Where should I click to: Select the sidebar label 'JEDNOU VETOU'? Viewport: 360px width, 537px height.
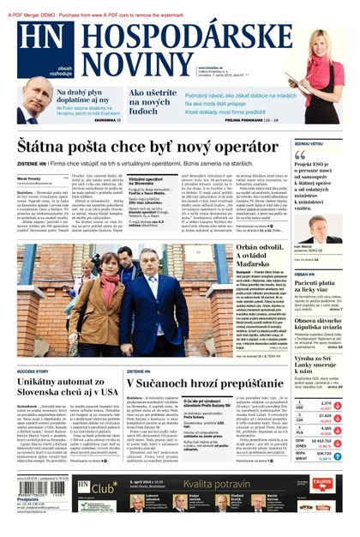[309, 143]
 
